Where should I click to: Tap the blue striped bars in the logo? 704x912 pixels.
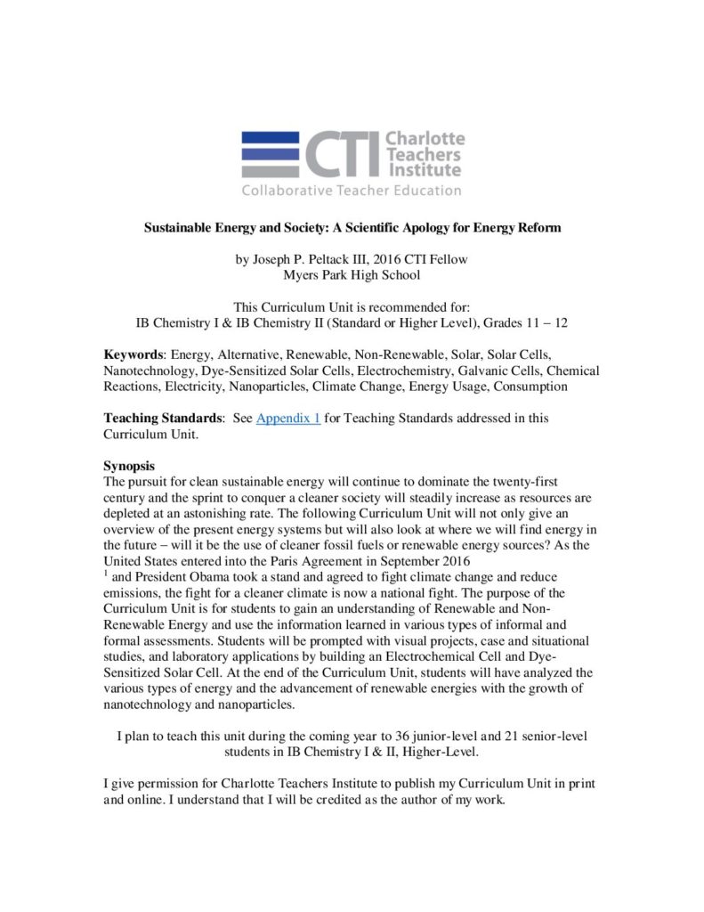tap(271, 154)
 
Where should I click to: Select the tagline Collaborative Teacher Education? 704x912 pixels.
tap(352, 190)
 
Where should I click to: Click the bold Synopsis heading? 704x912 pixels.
tap(129, 465)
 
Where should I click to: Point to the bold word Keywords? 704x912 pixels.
tap(134, 355)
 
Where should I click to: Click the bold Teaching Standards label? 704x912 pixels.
tap(159, 418)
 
